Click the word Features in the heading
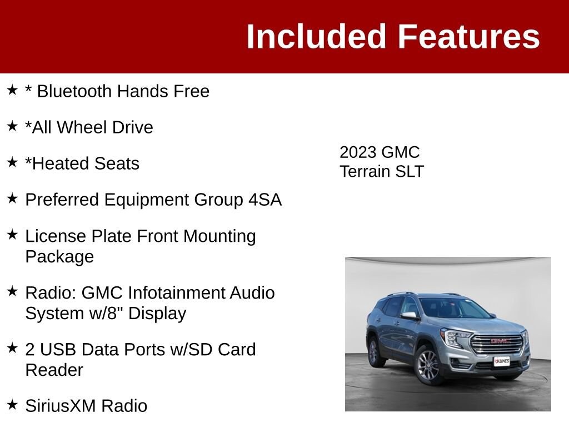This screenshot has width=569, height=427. pos(469,36)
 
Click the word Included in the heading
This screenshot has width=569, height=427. pos(316,36)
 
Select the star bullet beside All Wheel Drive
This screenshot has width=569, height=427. pos(12,126)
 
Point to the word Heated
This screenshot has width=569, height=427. pos(56,163)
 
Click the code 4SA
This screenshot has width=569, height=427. pos(265,200)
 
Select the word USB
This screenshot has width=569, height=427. pos(58,349)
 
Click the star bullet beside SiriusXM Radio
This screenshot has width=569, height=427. pos(12,405)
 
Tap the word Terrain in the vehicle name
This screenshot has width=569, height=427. pos(364,171)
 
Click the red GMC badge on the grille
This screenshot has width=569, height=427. pos(500,341)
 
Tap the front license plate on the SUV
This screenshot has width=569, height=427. pos(502,361)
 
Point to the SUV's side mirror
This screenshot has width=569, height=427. pos(410,315)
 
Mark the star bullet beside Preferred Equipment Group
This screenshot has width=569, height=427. pos(12,198)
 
